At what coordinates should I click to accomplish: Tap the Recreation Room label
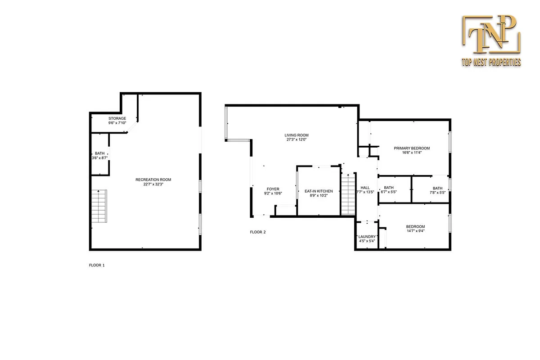[153, 180]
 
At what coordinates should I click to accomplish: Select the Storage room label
[117, 118]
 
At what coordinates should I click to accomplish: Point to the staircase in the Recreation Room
[99, 206]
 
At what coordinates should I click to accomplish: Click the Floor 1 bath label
[99, 153]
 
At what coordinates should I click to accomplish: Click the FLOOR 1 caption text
[97, 265]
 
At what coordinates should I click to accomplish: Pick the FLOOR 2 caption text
[258, 232]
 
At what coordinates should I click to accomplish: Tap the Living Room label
[297, 135]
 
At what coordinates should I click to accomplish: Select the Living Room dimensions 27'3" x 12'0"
[297, 139]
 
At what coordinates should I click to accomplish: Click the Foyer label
[273, 189]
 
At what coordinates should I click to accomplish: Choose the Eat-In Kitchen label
[319, 191]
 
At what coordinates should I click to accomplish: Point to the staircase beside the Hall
[348, 195]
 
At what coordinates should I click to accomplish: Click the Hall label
[365, 188]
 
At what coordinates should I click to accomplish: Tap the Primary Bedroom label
[412, 148]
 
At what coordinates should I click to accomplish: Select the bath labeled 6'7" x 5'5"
[389, 190]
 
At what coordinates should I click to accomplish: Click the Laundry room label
[367, 237]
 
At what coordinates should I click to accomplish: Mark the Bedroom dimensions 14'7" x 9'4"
[415, 231]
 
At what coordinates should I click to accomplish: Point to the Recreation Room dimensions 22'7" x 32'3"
[153, 184]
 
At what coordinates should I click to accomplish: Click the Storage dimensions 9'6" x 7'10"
[117, 123]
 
